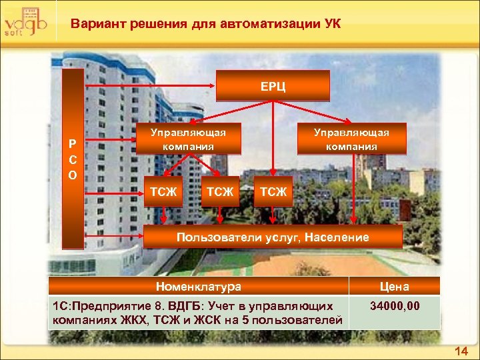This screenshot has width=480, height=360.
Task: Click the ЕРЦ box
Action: click(273, 86)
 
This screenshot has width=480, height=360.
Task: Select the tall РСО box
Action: click(73, 159)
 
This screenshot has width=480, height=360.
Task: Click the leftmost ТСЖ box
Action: click(163, 192)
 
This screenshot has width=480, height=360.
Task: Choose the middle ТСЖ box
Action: click(220, 192)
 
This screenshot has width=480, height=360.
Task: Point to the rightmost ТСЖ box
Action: click(273, 192)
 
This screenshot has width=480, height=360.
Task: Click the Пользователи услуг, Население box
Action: click(273, 237)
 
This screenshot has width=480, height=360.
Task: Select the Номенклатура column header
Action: click(199, 287)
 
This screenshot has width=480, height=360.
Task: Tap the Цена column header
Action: click(395, 287)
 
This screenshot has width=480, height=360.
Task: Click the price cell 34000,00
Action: click(395, 306)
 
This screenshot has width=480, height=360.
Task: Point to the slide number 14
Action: click(461, 351)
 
